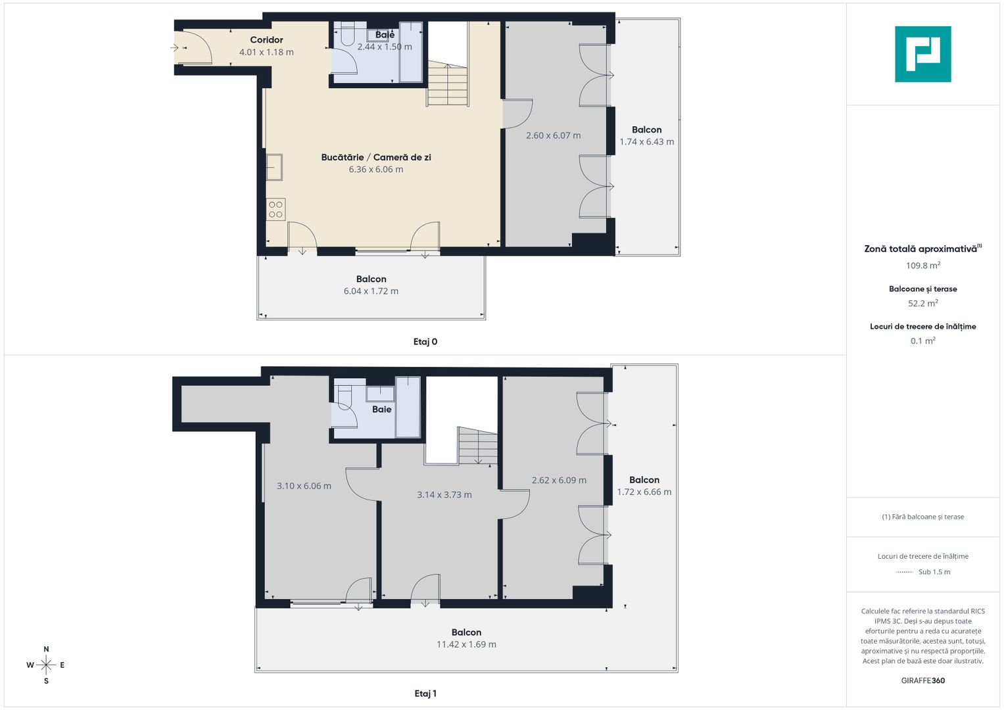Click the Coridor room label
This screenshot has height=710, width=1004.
pos(266,40)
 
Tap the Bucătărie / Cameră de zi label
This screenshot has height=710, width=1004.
pos(376,157)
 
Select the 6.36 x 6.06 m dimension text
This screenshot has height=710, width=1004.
pos(376,170)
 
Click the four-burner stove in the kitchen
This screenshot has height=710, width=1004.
pos(275,210)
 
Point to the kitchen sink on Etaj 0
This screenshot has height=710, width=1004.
pos(274,167)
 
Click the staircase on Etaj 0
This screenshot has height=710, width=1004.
pos(447,83)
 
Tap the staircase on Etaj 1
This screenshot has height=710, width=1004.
pos(477,446)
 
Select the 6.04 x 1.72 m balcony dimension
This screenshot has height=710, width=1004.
pos(371,291)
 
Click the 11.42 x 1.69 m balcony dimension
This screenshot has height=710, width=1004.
pos(466,644)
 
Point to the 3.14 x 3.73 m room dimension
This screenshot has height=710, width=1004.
pos(444,495)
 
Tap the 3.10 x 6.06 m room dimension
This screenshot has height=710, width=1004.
pos(304,486)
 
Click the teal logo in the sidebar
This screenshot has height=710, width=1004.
pos(922,54)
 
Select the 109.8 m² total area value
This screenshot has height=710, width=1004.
pos(922,266)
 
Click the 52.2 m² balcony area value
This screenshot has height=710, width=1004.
pos(922,304)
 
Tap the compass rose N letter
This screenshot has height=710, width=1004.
pos(46,650)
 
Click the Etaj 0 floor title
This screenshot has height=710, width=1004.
pos(425,342)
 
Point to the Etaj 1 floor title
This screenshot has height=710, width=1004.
pos(425,694)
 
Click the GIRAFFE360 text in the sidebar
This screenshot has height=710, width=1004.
pos(922,680)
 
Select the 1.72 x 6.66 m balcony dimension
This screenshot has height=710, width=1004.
pos(644,492)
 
